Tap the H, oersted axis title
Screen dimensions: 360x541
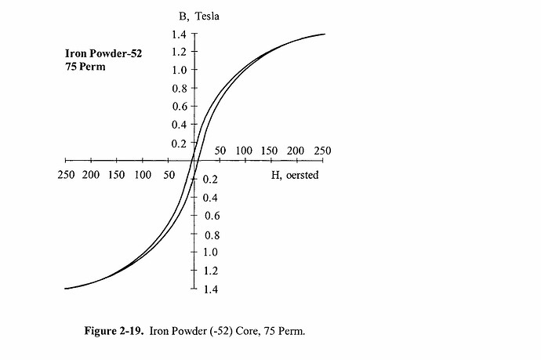(x=295, y=174)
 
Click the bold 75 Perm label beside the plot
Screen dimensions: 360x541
(x=85, y=67)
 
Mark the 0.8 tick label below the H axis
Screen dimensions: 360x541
(x=212, y=235)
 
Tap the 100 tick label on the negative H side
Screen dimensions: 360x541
(x=143, y=174)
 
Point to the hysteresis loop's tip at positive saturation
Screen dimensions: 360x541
(x=324, y=34)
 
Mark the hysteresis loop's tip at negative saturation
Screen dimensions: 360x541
(x=65, y=289)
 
